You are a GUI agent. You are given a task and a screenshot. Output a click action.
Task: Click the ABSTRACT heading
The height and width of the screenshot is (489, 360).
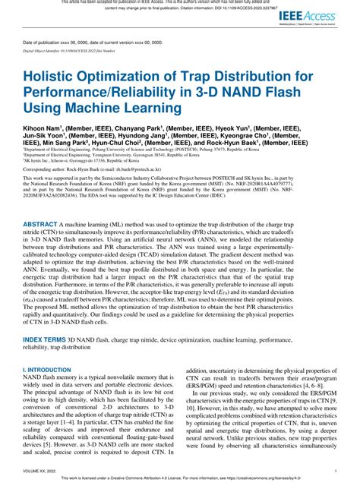coord(45,226)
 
